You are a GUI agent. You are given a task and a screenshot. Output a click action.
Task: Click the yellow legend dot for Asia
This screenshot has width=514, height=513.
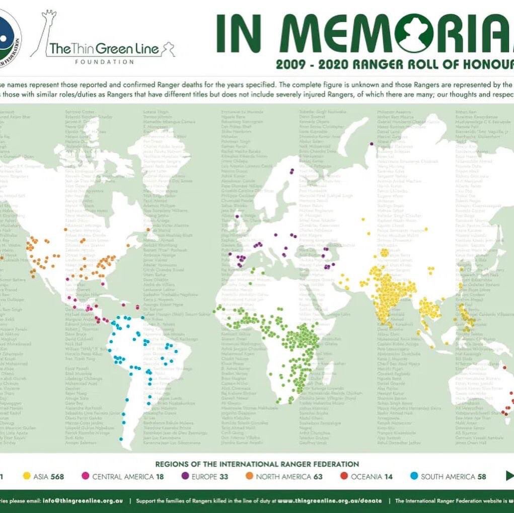coord(26,476)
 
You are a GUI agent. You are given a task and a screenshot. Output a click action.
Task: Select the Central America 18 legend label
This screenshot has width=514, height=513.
coord(115,476)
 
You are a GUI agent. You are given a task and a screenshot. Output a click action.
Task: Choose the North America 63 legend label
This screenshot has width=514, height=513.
coord(288,476)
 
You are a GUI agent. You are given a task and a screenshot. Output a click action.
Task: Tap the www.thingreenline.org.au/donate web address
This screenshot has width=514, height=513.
coord(329,501)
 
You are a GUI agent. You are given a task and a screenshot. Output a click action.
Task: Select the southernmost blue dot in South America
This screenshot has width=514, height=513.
coord(121,439)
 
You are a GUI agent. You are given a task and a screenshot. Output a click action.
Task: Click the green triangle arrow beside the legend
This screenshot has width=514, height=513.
coord(509,476)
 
